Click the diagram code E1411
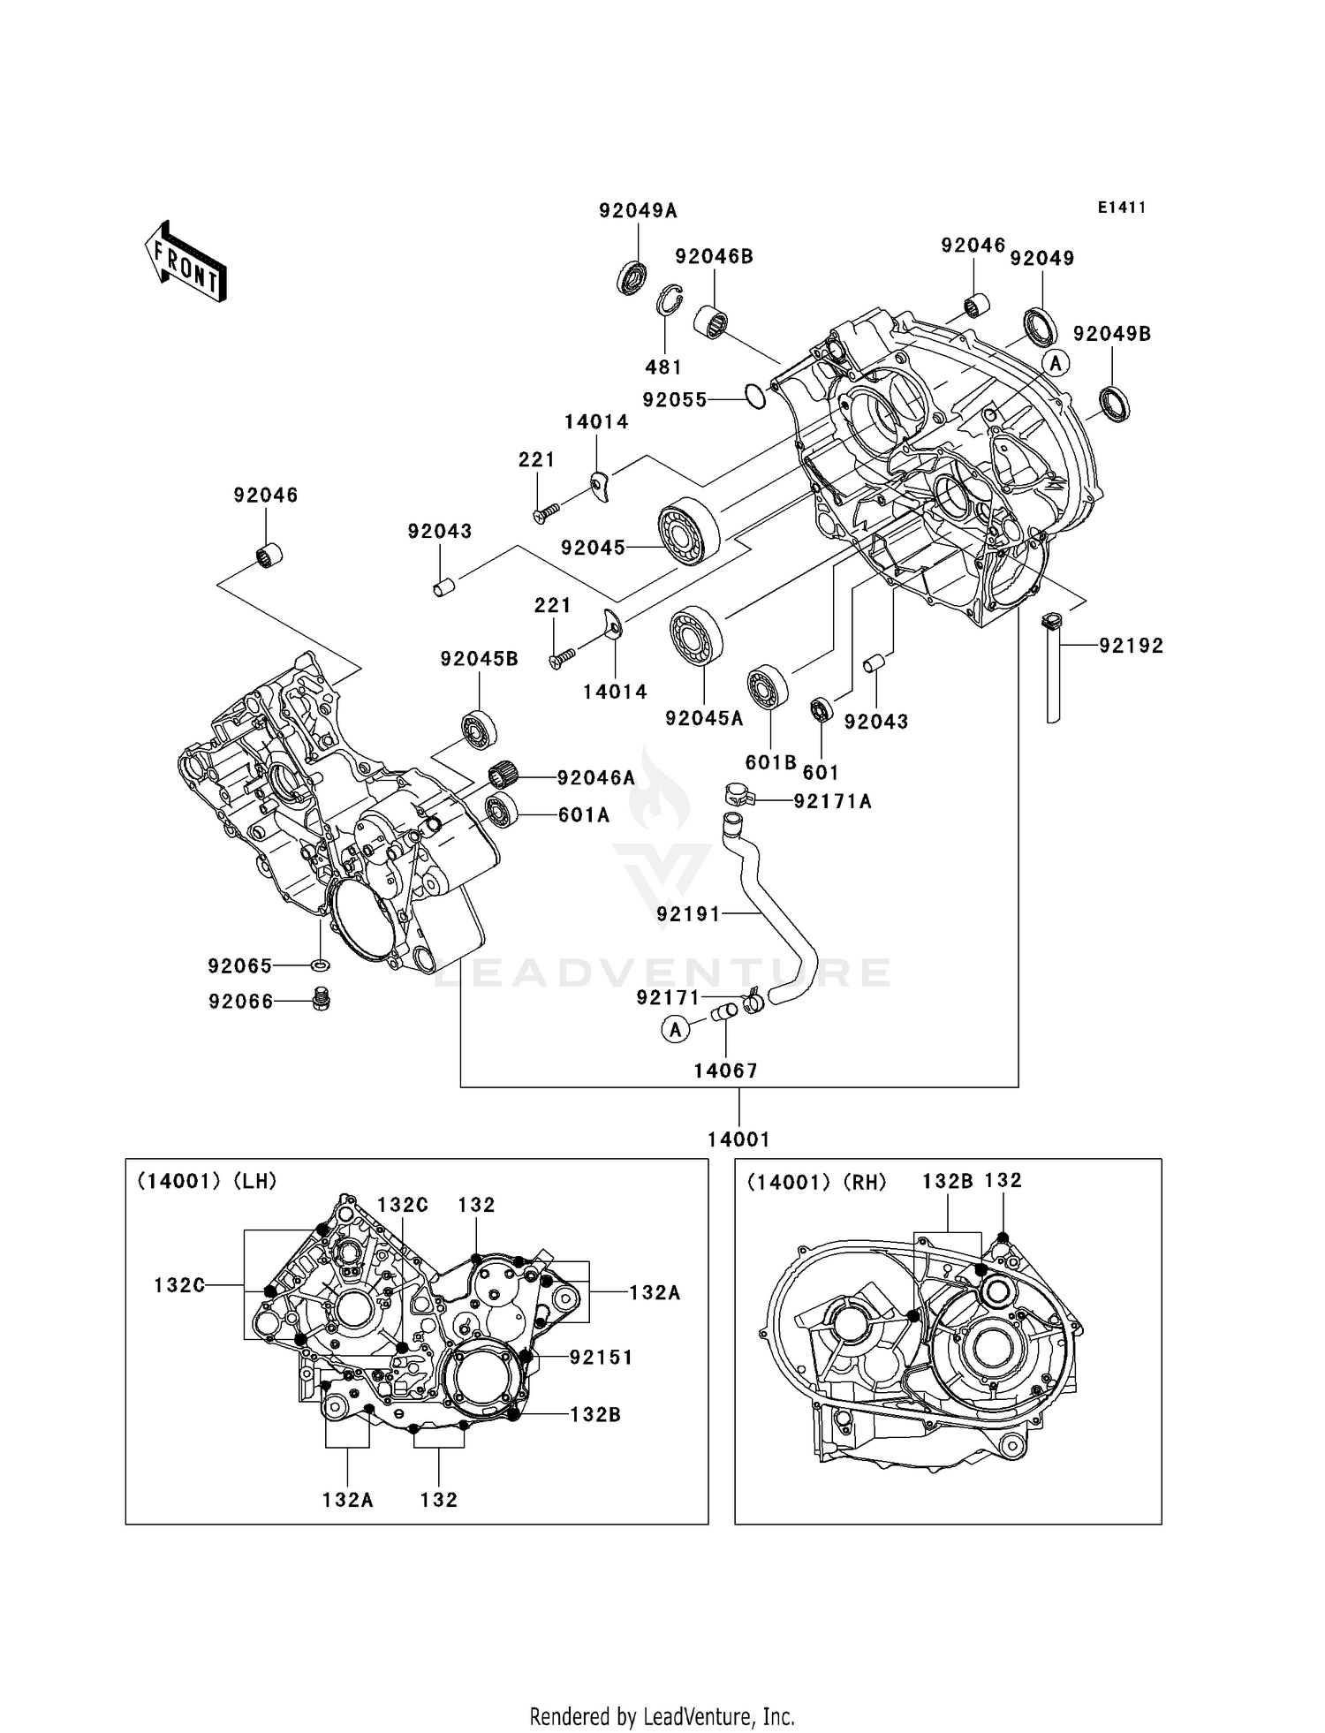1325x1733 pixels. [1122, 208]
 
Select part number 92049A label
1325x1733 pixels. [638, 210]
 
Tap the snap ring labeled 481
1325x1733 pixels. [673, 300]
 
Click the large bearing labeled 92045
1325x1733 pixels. [688, 531]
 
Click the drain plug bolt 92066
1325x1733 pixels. [322, 999]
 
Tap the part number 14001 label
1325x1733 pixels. [738, 1139]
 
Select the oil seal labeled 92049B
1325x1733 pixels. [1114, 403]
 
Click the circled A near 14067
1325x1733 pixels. [675, 1029]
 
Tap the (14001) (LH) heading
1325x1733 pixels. [207, 1181]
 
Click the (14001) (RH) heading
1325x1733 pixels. [816, 1182]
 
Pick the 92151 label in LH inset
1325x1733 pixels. [601, 1358]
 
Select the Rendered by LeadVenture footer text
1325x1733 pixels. [662, 1716]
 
